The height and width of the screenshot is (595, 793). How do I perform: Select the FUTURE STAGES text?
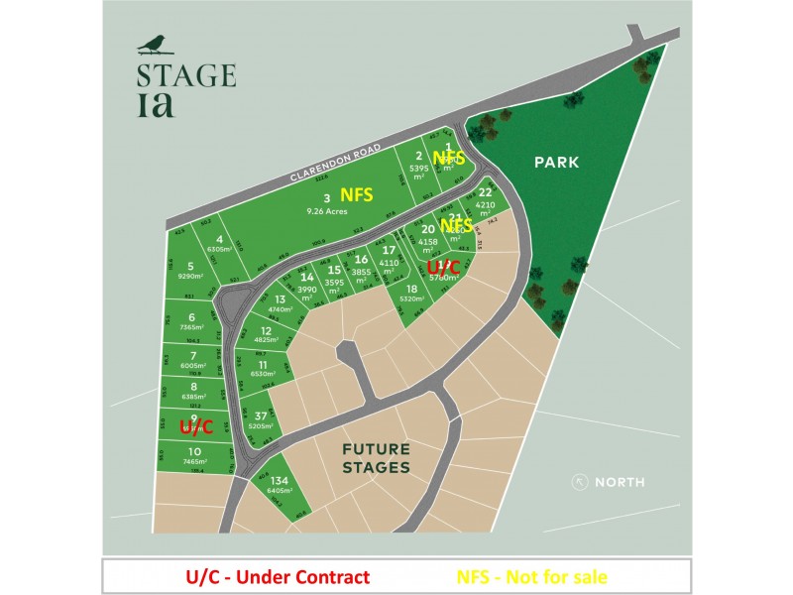(376, 458)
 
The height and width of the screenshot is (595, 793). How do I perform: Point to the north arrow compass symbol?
(580, 482)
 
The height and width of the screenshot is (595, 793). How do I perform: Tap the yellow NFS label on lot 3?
(356, 195)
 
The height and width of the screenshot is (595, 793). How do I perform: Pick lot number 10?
(193, 451)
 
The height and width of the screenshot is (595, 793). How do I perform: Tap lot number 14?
(307, 278)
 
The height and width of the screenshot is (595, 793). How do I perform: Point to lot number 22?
(485, 192)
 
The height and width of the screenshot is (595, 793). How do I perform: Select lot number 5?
(190, 266)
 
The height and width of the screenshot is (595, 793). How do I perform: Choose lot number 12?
(266, 331)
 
